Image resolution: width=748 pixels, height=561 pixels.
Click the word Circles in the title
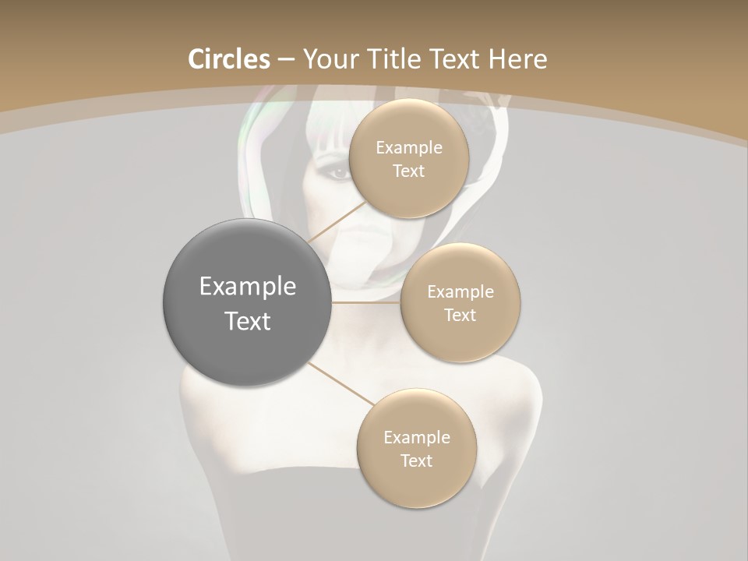[x=229, y=59]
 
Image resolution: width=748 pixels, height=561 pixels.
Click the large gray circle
[x=248, y=302]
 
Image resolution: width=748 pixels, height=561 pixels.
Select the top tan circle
[x=408, y=159]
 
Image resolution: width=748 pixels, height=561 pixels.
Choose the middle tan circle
[x=460, y=302]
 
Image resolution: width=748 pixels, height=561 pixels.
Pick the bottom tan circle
[x=416, y=448]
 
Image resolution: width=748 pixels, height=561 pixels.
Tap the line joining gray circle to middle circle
[x=366, y=302]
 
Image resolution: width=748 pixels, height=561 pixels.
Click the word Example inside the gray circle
[x=248, y=287]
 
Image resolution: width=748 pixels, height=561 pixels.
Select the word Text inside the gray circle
[x=248, y=321]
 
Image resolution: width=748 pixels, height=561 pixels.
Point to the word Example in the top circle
[x=408, y=148]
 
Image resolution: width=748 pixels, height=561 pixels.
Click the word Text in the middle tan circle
[x=460, y=315]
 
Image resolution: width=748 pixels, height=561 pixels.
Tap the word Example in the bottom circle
[x=416, y=438]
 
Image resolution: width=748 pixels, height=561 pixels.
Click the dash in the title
[x=286, y=60]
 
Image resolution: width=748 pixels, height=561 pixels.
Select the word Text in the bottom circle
[x=416, y=461]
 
